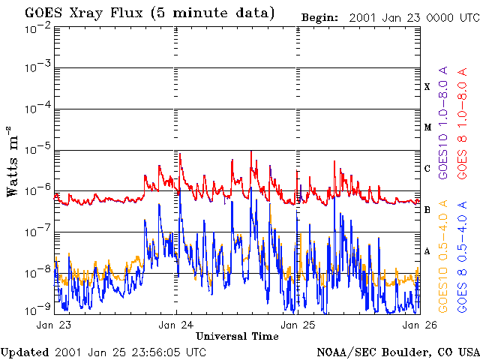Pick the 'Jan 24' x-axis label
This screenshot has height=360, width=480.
pos(177,325)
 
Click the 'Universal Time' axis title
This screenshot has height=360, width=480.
pos(237,336)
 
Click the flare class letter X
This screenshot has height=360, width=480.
pos(427,87)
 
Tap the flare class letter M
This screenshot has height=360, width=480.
pos(427,127)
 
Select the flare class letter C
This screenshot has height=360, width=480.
pos(427,169)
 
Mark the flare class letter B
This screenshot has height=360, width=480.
pos(427,210)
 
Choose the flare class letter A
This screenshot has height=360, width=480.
pos(427,251)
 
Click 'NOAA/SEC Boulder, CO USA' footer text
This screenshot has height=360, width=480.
pos(397,352)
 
